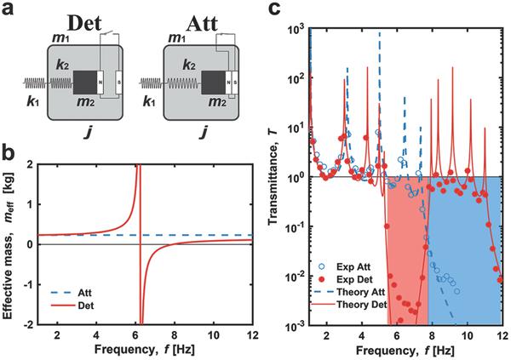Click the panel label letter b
9,154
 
